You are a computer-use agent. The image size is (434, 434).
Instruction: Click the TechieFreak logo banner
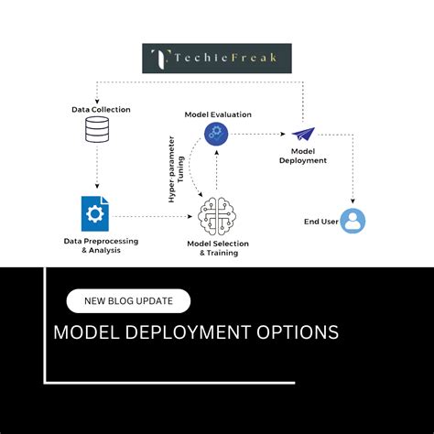(x=217, y=58)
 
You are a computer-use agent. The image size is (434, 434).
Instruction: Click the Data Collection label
(x=101, y=110)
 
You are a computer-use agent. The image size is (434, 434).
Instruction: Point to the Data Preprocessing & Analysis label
(x=100, y=244)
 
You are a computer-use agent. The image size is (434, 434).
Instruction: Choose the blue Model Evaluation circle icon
(x=216, y=134)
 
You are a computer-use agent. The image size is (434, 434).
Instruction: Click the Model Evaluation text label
(x=217, y=114)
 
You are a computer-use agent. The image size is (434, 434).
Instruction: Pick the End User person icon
(x=353, y=221)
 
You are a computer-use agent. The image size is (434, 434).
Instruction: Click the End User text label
(x=320, y=222)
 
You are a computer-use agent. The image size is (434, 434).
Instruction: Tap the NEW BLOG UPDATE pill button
(x=128, y=300)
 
